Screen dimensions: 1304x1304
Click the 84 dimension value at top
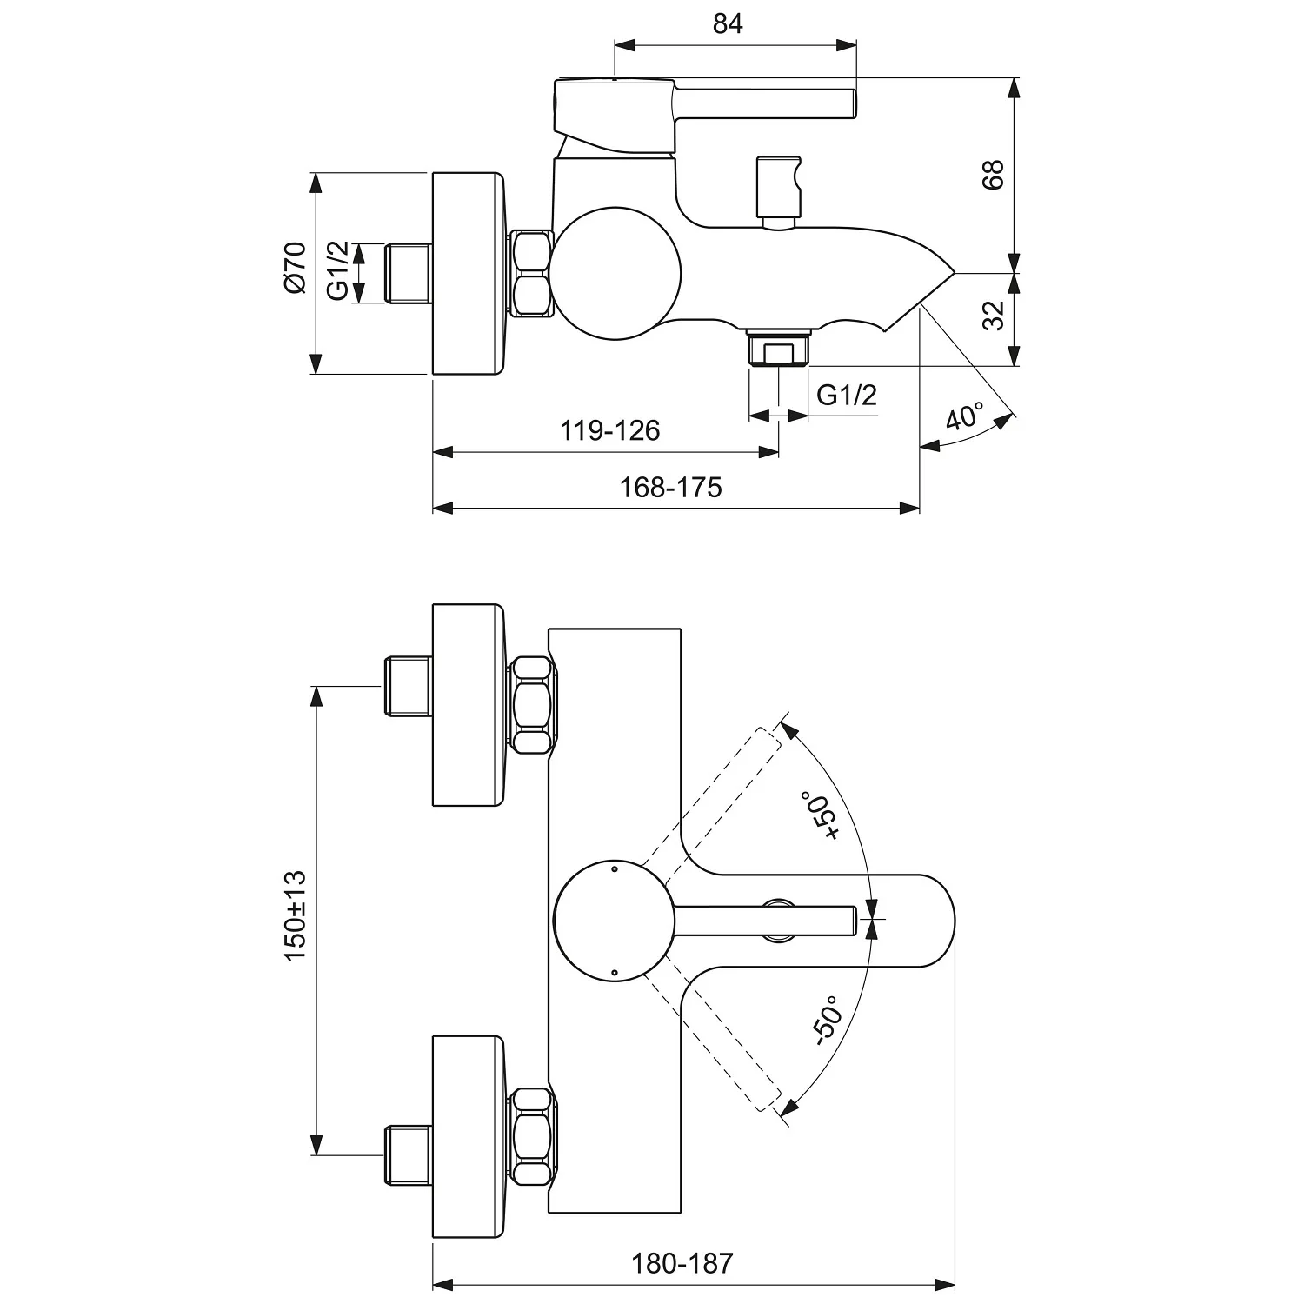coord(728,23)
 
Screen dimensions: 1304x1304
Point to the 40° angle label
coord(964,416)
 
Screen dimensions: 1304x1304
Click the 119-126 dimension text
coord(609,429)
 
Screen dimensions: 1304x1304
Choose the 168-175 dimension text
coord(670,487)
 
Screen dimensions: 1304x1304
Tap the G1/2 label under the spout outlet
coord(847,395)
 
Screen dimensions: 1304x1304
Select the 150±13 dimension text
coord(296,915)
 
